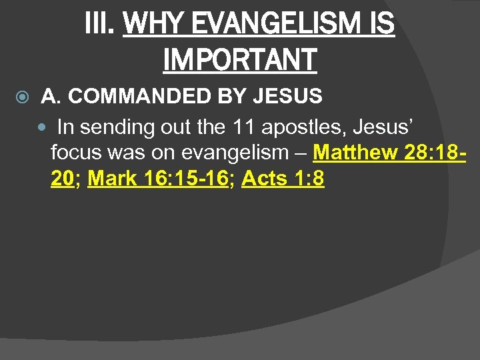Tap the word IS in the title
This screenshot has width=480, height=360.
pos(382,25)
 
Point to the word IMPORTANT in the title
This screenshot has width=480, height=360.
pos(239,59)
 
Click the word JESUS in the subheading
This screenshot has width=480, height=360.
pos(287,97)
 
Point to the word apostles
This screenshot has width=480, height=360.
pos(292,127)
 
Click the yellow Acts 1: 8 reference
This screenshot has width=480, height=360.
pos(283,179)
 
